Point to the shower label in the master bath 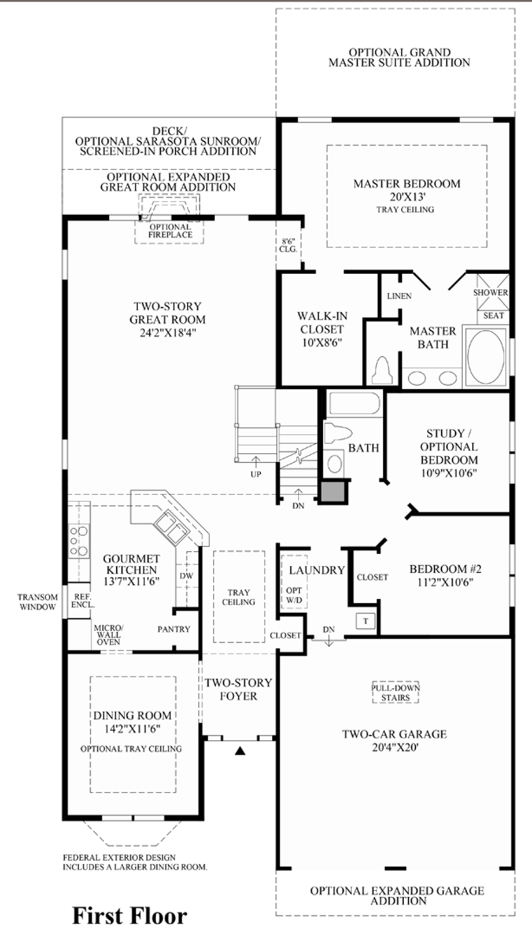coord(490,293)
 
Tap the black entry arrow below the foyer coord(240,751)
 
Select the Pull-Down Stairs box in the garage coord(396,692)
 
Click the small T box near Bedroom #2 coord(366,621)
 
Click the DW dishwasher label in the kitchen coord(187,576)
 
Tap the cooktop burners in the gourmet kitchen coord(79,541)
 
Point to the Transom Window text coord(38,602)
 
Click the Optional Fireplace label coord(171,231)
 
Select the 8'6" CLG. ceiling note coord(289,245)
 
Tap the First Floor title coord(130,916)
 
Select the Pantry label coord(173,629)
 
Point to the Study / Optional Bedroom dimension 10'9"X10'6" coord(449,473)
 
